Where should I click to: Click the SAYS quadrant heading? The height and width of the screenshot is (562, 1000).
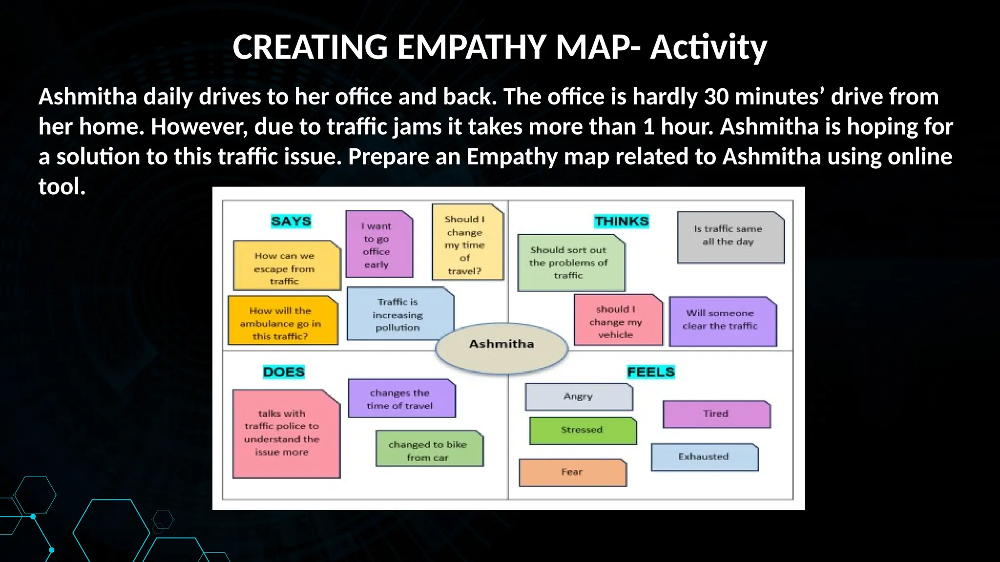pyautogui.click(x=291, y=221)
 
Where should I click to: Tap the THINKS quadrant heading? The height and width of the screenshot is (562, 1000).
pyautogui.click(x=621, y=221)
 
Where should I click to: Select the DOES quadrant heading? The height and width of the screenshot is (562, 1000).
pyautogui.click(x=284, y=372)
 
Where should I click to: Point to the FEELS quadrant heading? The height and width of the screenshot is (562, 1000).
pyautogui.click(x=650, y=372)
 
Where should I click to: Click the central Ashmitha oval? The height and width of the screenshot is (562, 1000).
pyautogui.click(x=501, y=344)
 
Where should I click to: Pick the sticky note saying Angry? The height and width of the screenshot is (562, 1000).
pyautogui.click(x=579, y=397)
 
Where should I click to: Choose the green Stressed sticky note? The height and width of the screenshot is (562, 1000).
pyautogui.click(x=583, y=430)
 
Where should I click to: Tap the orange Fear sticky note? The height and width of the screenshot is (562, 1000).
pyautogui.click(x=572, y=472)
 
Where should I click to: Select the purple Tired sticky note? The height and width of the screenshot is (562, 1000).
pyautogui.click(x=716, y=414)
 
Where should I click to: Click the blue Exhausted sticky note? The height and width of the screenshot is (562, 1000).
pyautogui.click(x=704, y=457)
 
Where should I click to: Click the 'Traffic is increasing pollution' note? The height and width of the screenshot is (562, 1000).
pyautogui.click(x=399, y=314)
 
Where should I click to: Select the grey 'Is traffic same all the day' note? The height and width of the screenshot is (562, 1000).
pyautogui.click(x=729, y=237)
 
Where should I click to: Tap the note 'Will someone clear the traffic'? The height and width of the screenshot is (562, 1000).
pyautogui.click(x=722, y=321)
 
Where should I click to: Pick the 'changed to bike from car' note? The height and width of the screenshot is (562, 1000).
pyautogui.click(x=429, y=449)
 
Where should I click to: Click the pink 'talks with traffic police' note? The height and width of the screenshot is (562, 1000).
pyautogui.click(x=286, y=433)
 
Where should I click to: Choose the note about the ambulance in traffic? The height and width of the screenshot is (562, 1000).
pyautogui.click(x=282, y=322)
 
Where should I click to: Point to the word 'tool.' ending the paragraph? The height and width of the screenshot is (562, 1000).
pyautogui.click(x=62, y=187)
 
